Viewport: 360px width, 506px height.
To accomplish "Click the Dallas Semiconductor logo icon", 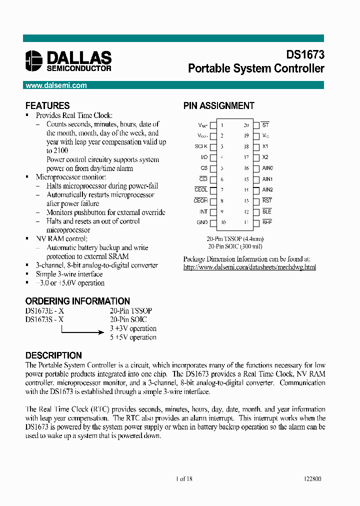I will pyautogui.click(x=35, y=60).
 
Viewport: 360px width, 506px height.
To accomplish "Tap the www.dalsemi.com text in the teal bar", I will pyautogui.click(x=56, y=85).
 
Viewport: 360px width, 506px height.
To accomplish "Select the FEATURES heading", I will pyautogui.click(x=47, y=105).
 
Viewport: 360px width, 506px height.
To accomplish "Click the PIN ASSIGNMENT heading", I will pyautogui.click(x=218, y=105).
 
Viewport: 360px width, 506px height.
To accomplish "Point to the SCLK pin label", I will pyautogui.click(x=201, y=147).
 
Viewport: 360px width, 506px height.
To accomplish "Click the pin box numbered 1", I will pyautogui.click(x=213, y=125).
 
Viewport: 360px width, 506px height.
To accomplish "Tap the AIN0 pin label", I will pyautogui.click(x=267, y=168).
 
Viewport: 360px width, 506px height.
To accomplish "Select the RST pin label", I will pyautogui.click(x=266, y=200).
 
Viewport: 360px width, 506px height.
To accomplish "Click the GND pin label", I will pyautogui.click(x=202, y=222).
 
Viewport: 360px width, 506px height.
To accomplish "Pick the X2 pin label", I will pyautogui.click(x=265, y=157).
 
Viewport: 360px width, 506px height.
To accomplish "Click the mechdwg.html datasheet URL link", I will pyautogui.click(x=249, y=267).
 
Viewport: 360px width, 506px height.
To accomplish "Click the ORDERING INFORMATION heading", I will pyautogui.click(x=77, y=301).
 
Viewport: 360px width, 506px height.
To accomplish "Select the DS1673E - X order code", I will pyautogui.click(x=44, y=310).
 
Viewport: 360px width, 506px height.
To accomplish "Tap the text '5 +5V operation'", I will pyautogui.click(x=133, y=337).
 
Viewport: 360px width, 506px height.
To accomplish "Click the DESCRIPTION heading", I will pyautogui.click(x=53, y=355).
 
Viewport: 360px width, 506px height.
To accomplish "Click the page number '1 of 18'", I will pyautogui.click(x=184, y=478).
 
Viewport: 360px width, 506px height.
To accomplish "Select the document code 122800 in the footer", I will pyautogui.click(x=312, y=478).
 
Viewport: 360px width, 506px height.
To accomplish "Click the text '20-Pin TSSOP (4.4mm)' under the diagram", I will pyautogui.click(x=235, y=239).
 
